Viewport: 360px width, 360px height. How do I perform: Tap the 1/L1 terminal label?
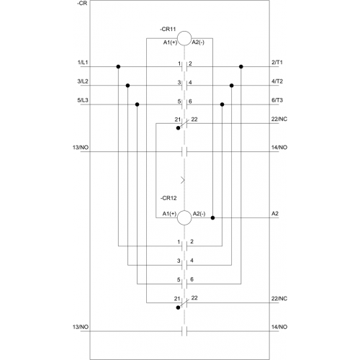click(83, 63)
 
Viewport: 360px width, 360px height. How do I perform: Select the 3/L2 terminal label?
click(83, 81)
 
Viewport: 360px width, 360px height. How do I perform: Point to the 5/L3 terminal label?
click(83, 100)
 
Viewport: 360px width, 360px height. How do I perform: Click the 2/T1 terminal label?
click(277, 63)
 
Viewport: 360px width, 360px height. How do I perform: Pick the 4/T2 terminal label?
click(277, 81)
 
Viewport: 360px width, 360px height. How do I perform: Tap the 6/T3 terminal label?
click(277, 100)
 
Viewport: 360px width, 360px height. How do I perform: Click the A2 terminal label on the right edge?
click(275, 214)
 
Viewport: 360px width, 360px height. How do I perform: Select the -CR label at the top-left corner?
click(82, 4)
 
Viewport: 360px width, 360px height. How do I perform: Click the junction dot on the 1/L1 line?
click(118, 67)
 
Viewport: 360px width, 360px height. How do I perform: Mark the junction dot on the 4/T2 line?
click(232, 86)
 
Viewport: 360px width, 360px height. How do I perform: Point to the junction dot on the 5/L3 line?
click(137, 104)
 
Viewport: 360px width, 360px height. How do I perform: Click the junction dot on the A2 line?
click(212, 218)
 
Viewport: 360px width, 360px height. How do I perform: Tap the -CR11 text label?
click(168, 30)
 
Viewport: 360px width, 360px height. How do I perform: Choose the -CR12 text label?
click(168, 198)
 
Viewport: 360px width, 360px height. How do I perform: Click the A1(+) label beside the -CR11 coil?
click(170, 42)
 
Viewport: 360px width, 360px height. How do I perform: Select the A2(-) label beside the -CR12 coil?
click(199, 214)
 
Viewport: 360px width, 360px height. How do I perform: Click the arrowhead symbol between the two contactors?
click(183, 180)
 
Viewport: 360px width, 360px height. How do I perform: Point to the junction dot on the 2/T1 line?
click(241, 67)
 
